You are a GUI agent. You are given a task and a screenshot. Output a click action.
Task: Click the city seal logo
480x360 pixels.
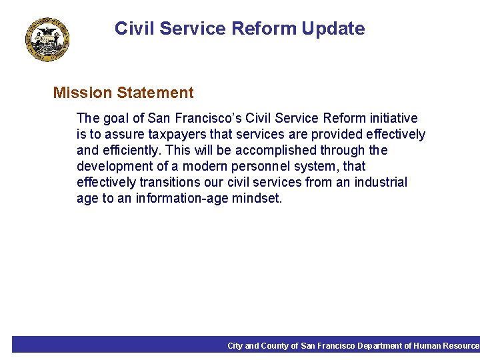point(49,40)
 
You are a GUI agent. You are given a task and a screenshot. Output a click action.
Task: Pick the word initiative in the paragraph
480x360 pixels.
point(393,119)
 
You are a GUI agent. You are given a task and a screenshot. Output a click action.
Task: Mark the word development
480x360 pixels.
point(116,167)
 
